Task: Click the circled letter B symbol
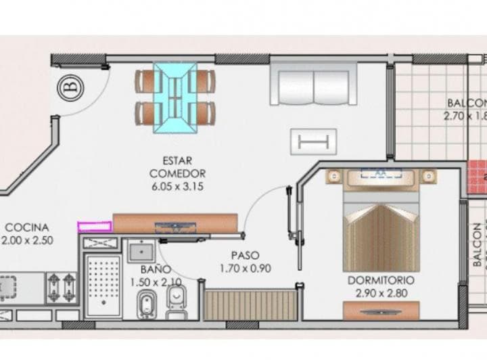pos(69,89)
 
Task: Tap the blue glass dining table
pos(175,97)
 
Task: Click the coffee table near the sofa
pos(313,141)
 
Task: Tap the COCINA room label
pos(27,228)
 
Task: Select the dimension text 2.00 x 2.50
pos(27,240)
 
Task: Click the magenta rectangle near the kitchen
pos(95,226)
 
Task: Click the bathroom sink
pos(141,252)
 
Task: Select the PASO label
pos(245,255)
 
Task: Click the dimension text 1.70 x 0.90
pos(245,268)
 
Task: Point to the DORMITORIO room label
pos(381,279)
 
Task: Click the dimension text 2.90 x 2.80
pos(381,292)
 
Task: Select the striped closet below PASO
pos(251,304)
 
